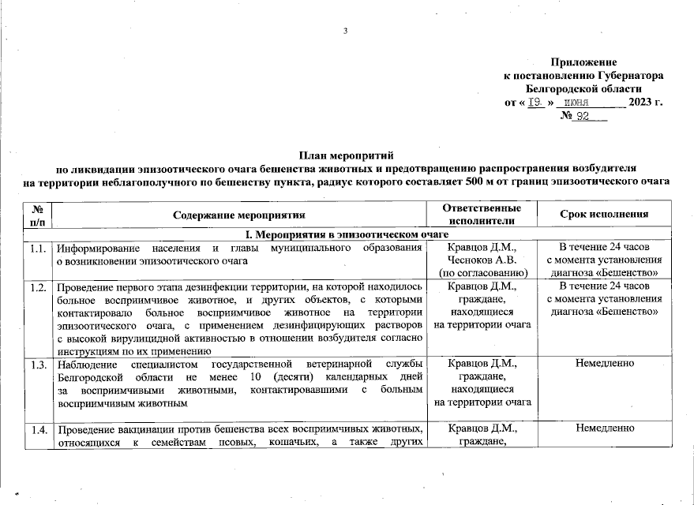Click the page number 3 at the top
click(x=346, y=32)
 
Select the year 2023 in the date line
click(x=641, y=103)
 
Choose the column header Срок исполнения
click(x=604, y=214)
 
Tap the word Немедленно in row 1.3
click(x=605, y=364)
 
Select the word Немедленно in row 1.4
click(x=605, y=428)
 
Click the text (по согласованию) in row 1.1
click(x=482, y=273)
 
